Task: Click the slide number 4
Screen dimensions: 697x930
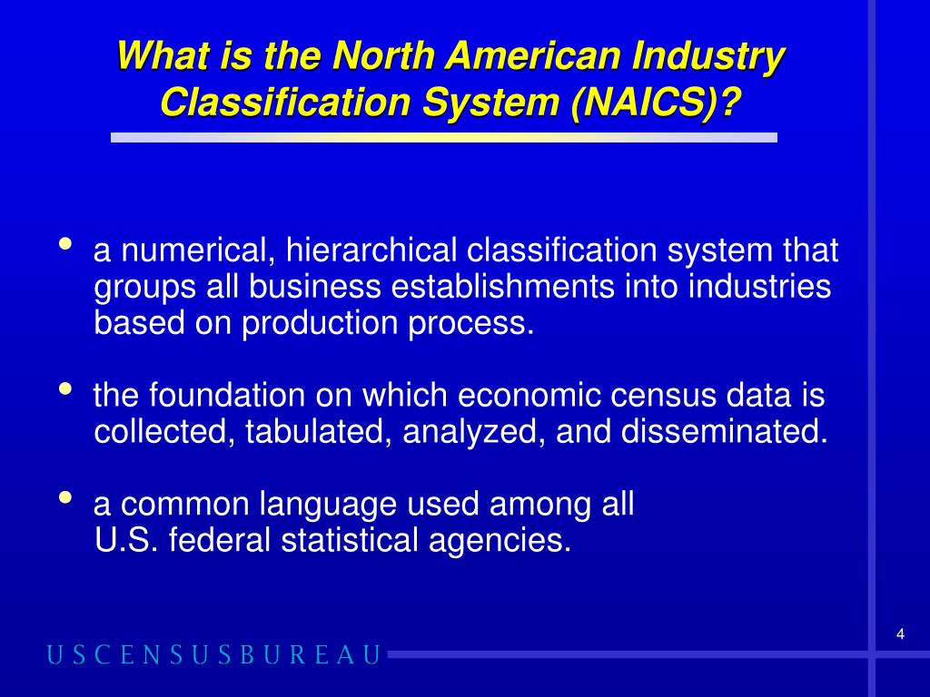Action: coord(900,634)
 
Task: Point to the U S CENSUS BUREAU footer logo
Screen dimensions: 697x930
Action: coord(214,655)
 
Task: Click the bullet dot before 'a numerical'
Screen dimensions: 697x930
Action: coord(65,244)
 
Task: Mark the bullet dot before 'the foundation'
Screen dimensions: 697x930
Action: coord(65,389)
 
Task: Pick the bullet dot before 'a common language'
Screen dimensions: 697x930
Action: coord(65,497)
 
